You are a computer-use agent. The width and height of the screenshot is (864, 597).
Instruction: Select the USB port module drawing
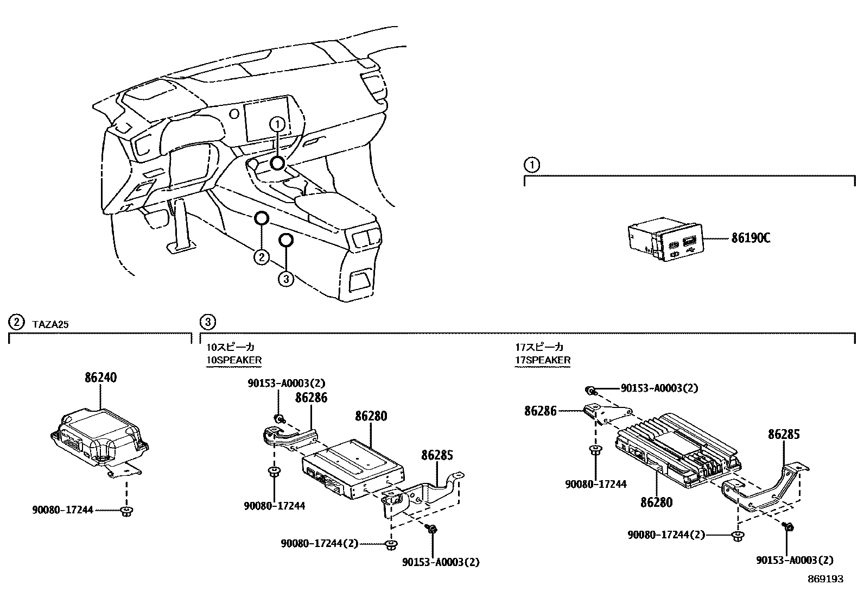tap(663, 239)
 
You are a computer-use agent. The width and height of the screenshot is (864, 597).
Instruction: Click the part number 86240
tap(101, 377)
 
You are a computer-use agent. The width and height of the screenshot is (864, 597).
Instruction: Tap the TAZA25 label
tap(51, 324)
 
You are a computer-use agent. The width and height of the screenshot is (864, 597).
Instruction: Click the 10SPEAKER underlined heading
tap(233, 360)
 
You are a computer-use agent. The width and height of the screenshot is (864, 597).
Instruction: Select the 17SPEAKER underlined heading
tap(543, 360)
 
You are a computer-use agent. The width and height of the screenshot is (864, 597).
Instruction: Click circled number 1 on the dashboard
tap(277, 124)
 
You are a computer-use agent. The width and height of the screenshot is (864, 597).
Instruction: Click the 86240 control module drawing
tap(100, 437)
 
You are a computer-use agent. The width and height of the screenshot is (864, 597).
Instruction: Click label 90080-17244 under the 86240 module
tap(62, 510)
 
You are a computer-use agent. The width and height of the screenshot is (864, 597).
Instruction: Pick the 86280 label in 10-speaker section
tap(371, 416)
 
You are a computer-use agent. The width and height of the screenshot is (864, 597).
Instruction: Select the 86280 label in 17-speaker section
tap(656, 502)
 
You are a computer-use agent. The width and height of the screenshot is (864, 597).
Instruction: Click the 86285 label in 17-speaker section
tap(784, 434)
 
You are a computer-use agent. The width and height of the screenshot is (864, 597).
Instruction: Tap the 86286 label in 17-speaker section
tap(541, 411)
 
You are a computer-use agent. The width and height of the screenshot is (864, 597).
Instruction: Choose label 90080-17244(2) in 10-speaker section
tap(320, 543)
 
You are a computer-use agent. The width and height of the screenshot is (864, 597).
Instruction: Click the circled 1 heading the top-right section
tap(532, 165)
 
